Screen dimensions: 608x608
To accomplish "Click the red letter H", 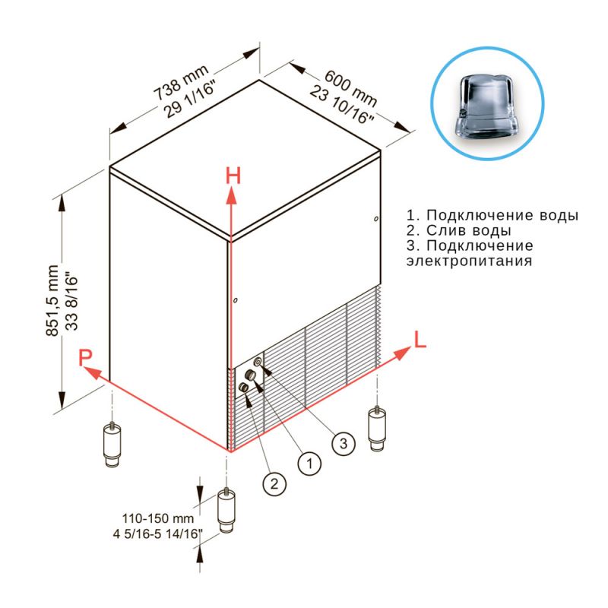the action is tap(233, 176).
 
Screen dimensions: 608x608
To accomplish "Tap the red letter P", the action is tap(85, 357).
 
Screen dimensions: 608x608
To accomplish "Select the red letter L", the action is tap(420, 340).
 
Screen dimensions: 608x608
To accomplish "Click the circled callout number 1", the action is tap(309, 463).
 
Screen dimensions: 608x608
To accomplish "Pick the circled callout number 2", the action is tap(274, 483).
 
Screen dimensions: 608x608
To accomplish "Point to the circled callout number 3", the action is tap(344, 443).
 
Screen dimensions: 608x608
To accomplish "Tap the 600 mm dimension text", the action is tap(350, 88).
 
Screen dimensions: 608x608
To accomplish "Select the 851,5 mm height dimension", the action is tap(52, 300).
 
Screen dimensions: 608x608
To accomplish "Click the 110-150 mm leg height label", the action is tap(158, 518).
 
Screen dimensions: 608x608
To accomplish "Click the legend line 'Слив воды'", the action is tap(459, 230).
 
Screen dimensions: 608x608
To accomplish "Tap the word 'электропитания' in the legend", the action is tap(469, 261).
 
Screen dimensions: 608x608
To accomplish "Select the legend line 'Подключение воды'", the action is tap(492, 215).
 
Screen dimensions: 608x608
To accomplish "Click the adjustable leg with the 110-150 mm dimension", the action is tap(226, 511).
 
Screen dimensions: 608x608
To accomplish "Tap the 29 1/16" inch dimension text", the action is tap(189, 100).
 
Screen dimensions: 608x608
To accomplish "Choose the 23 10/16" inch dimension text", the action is tap(341, 105).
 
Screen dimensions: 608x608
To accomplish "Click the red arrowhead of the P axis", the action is tap(92, 372).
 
